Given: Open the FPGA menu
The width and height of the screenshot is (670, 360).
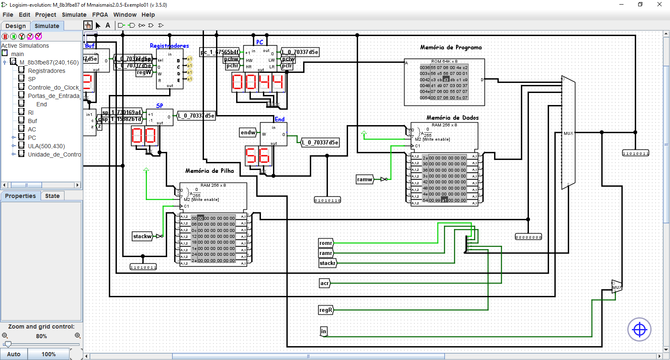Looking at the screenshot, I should click(100, 15).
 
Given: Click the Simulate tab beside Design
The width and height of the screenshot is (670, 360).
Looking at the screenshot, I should click(47, 26).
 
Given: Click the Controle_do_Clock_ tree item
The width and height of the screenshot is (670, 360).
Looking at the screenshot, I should click(53, 87).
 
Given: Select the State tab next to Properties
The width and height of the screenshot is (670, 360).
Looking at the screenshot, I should click(52, 196).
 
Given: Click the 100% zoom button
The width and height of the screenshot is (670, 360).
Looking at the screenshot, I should click(49, 354).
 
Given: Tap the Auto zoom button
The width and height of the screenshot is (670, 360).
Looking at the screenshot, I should click(14, 354).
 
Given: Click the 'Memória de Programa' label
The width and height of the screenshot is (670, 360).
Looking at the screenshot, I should click(451, 47).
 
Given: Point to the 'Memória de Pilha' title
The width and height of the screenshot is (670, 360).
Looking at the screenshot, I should click(209, 171).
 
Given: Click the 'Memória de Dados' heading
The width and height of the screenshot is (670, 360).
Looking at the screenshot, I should click(452, 118).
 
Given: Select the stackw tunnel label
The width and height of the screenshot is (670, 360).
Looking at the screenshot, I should click(142, 237).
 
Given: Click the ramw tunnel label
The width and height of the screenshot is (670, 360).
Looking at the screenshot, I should click(364, 180).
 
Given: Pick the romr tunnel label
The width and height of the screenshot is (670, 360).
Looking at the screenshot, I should click(326, 243).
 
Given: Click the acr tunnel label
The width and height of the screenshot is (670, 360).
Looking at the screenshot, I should click(325, 283).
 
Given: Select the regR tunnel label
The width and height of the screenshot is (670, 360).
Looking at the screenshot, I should click(326, 310).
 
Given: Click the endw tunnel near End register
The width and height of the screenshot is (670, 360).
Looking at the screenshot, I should click(248, 133).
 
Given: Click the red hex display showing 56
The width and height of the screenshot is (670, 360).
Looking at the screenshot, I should click(258, 156).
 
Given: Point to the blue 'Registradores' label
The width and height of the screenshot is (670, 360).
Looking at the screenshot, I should click(169, 46).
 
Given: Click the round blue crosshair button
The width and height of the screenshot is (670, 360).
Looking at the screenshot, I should click(639, 330).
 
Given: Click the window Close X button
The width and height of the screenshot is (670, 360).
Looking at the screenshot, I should click(659, 5).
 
